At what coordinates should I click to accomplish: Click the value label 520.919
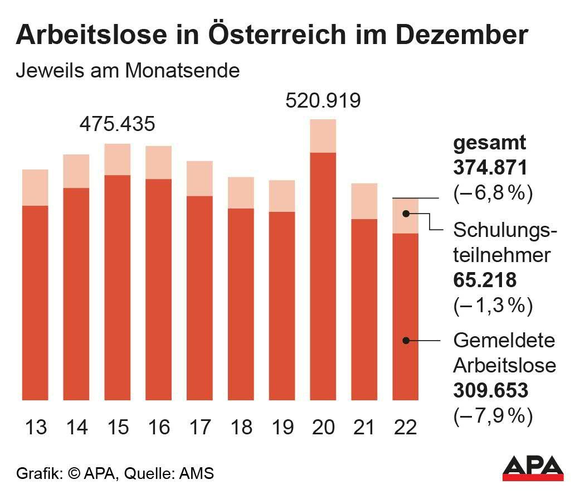323,101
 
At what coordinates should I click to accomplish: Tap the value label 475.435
117,124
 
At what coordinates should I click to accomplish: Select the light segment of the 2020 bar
323,135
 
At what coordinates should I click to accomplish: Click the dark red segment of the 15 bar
117,287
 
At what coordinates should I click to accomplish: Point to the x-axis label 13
36,427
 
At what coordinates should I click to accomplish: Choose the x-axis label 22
405,427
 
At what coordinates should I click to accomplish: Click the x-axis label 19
282,427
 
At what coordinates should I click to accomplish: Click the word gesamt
489,143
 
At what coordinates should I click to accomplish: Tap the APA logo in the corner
533,468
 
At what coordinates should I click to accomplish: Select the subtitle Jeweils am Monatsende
128,71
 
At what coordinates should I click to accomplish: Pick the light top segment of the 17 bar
199,178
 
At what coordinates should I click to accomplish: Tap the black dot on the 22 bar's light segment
407,214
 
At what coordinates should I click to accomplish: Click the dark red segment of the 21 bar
364,309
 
